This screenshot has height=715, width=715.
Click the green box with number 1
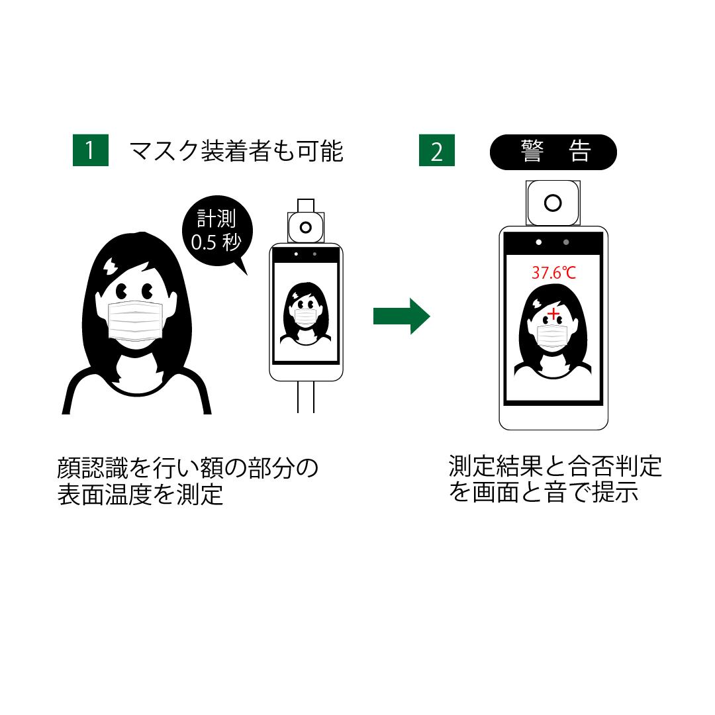pyautogui.click(x=89, y=150)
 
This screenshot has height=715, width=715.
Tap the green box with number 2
pyautogui.click(x=436, y=150)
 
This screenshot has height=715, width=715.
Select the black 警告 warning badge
pyautogui.click(x=553, y=152)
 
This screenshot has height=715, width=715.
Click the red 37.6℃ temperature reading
pyautogui.click(x=553, y=272)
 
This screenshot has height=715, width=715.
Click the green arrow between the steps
pyautogui.click(x=401, y=316)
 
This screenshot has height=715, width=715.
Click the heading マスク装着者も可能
pyautogui.click(x=236, y=151)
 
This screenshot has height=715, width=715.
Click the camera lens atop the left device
pyautogui.click(x=305, y=227)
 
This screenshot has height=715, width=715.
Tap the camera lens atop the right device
pyautogui.click(x=553, y=202)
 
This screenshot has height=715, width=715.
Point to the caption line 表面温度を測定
pyautogui.click(x=140, y=495)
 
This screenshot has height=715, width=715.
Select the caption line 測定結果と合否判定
pyautogui.click(x=555, y=466)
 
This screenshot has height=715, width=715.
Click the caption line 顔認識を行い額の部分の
pyautogui.click(x=188, y=468)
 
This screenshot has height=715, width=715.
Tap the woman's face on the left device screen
pyautogui.click(x=305, y=308)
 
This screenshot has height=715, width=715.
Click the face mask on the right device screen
pyautogui.click(x=551, y=336)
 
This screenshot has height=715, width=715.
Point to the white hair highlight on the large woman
pyautogui.click(x=110, y=266)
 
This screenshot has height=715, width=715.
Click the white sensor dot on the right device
pyautogui.click(x=539, y=242)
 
